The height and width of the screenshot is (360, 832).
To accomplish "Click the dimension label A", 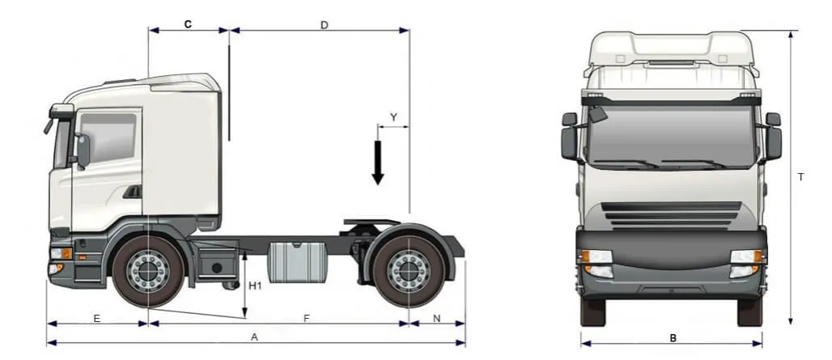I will point(254,337).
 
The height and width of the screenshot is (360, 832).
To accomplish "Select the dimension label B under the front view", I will point(673,338).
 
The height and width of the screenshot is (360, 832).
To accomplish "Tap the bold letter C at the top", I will point(188,24).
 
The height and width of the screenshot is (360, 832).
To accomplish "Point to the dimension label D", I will point(324,25).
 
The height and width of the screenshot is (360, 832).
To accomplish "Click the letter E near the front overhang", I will point(96,319).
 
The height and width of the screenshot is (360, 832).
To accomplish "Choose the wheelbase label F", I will point(307,319).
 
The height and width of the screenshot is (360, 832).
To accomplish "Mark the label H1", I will point(255,286).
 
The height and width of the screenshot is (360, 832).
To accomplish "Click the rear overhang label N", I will point(437,319).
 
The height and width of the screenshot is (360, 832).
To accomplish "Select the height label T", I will point(800,177).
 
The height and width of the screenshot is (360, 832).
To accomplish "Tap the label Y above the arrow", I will point(393,117).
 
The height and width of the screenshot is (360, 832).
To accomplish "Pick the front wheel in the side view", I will point(149,270).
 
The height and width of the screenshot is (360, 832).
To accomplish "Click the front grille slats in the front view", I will point(672,214).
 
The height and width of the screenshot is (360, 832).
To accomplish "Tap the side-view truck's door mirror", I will point(83,150).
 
